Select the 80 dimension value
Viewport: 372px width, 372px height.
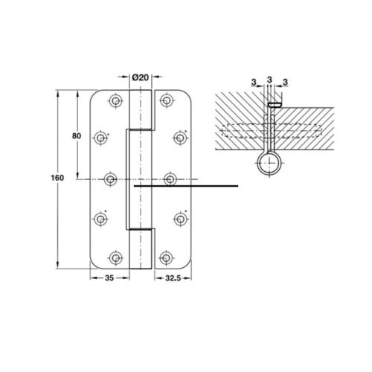(76, 137)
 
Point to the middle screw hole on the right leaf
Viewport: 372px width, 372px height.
(170, 179)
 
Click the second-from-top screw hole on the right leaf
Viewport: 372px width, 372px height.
(179, 138)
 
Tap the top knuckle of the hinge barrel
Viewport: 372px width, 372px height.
(141, 109)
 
